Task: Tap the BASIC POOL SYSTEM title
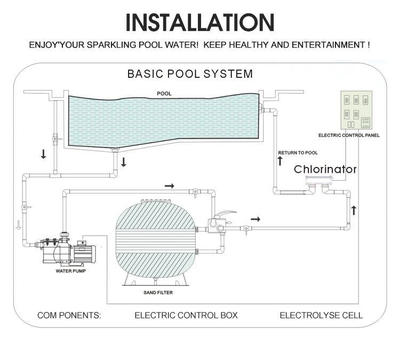point(190,74)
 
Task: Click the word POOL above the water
point(164,93)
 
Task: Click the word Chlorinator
point(326,170)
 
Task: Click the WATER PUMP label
point(70,270)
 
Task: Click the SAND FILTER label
point(158,293)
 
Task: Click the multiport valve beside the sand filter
point(220,223)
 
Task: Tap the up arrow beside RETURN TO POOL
point(280,161)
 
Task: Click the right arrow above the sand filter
point(169,186)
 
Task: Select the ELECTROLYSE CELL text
point(321,315)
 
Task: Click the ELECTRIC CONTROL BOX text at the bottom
point(186,315)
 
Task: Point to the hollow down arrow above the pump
point(18,225)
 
